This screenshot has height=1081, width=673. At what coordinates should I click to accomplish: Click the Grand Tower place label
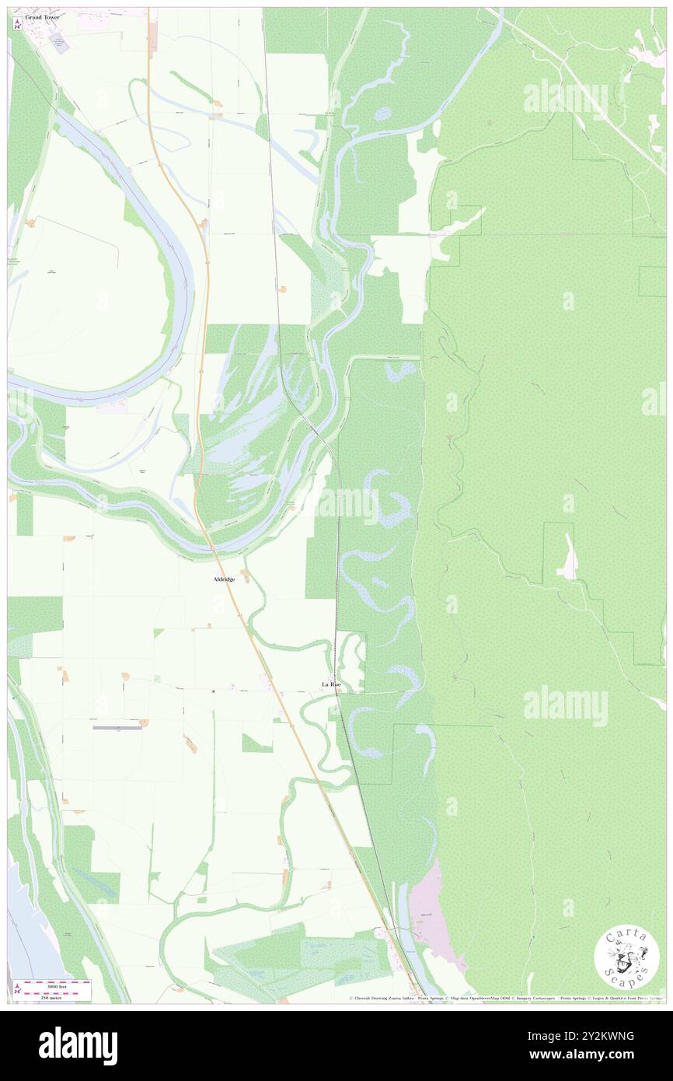click(x=41, y=16)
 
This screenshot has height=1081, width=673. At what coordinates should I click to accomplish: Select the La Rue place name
click(x=331, y=684)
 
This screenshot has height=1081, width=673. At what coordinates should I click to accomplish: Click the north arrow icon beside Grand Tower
click(x=18, y=24)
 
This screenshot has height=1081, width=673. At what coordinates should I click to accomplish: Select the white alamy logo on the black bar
click(x=78, y=1045)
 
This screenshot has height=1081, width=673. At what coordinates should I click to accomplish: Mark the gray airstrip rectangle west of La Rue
click(x=117, y=728)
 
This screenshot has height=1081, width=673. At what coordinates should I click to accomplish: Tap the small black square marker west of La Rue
click(x=213, y=690)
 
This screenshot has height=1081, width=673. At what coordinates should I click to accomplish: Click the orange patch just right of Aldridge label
click(x=246, y=575)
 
